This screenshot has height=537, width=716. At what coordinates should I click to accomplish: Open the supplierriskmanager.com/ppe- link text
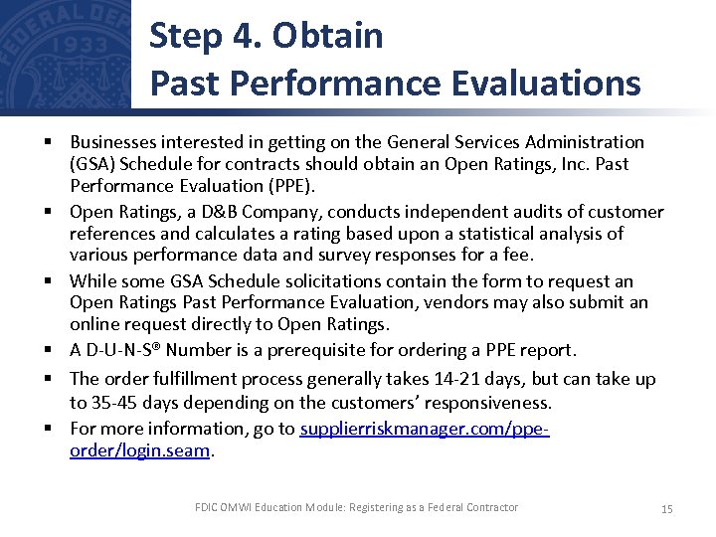[425, 429]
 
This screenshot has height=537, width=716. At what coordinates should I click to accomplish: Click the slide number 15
[666, 509]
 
